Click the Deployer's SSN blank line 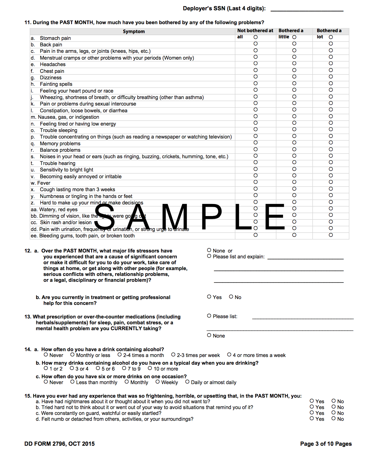[307, 9]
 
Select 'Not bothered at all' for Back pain [256, 44]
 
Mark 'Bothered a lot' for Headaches [331, 63]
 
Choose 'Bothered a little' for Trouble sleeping [294, 129]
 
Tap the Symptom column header [134, 31]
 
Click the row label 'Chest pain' [52, 71]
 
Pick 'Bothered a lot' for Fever [331, 182]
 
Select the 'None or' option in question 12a [209, 250]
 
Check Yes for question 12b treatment [209, 297]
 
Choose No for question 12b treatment [231, 297]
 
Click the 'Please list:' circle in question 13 [209, 316]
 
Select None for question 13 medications [209, 335]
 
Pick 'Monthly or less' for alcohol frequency [72, 355]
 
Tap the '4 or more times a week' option [229, 355]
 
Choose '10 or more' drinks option [150, 368]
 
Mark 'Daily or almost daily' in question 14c [187, 382]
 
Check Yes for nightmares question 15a [312, 401]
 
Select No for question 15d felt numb [334, 418]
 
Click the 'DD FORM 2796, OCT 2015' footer [59, 444]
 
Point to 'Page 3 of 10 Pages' [326, 444]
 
